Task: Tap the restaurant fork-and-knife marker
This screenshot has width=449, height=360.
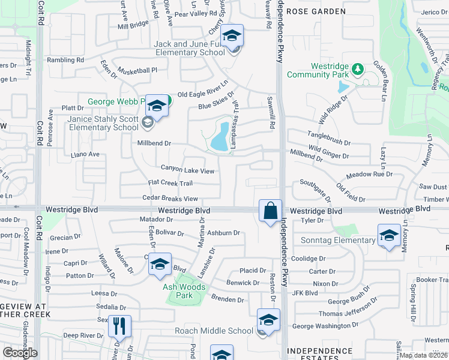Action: tap(120, 327)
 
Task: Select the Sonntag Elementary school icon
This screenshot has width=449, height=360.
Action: tap(388, 235)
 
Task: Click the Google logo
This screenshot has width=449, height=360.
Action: tap(20, 352)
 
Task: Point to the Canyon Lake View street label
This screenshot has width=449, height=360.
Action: tap(187, 170)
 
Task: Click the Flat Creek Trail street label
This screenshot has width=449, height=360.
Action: tap(170, 183)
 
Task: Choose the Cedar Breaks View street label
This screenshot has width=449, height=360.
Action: tap(170, 199)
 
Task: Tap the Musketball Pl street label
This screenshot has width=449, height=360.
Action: tap(137, 70)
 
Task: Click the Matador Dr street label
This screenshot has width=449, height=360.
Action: tap(156, 220)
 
